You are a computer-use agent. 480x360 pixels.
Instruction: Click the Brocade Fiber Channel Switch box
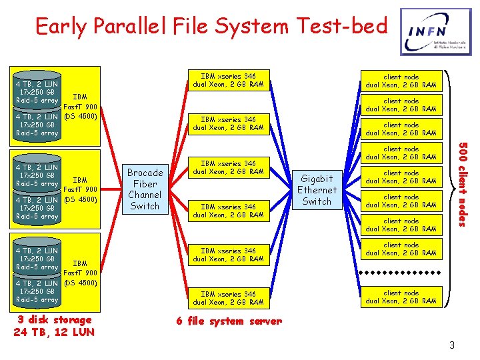coord(145,189)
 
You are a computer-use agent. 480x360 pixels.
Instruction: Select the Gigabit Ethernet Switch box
coord(317,190)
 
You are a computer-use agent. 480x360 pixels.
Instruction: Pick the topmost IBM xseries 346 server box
coord(228,80)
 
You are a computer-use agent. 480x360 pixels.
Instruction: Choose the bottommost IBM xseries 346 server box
coord(228,298)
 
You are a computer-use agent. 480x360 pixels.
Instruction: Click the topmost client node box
coord(401,81)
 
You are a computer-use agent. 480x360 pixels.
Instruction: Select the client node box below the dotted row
coord(401,297)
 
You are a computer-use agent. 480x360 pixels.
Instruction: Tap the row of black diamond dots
coord(401,273)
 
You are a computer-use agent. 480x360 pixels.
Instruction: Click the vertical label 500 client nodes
coord(464,185)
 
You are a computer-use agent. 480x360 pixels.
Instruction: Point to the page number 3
coord(451,345)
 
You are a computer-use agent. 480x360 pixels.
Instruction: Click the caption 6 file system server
coord(229,321)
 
